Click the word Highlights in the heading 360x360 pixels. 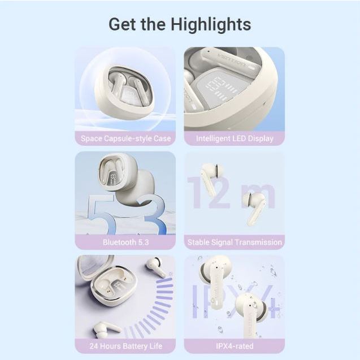coord(211,25)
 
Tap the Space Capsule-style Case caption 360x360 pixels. coord(125,138)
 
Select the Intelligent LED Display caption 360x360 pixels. coord(235,138)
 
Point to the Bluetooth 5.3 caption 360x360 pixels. coord(125,242)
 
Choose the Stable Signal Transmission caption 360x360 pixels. coord(235,242)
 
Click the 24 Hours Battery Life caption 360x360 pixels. coord(125,346)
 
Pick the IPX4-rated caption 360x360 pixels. coord(235,346)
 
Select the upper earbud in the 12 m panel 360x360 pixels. coord(212,178)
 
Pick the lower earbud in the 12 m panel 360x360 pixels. coord(254,208)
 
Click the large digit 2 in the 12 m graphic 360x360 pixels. coord(219,193)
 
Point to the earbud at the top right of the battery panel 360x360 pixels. coord(157,266)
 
